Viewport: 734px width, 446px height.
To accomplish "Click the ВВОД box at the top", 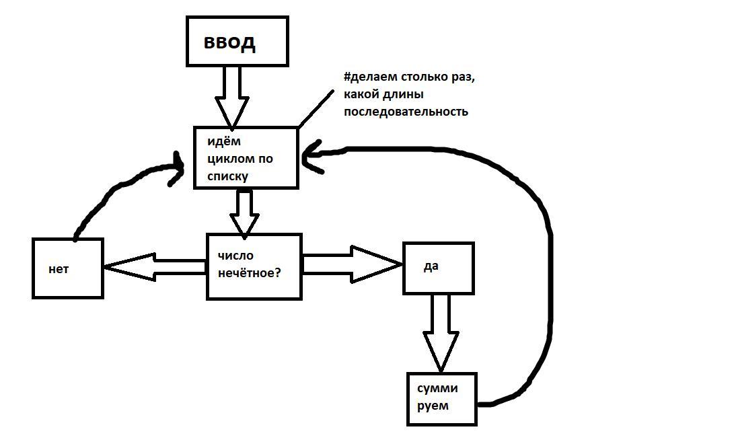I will (x=237, y=42).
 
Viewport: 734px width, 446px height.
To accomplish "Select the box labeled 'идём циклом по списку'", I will (x=246, y=158).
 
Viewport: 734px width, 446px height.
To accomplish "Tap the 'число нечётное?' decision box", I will (x=254, y=266).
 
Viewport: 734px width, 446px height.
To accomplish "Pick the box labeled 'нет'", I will (x=67, y=268).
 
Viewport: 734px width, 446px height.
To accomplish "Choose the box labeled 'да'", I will (x=438, y=268).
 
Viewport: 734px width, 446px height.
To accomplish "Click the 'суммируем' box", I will (x=441, y=398).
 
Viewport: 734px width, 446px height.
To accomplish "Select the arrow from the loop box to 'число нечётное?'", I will (x=244, y=212).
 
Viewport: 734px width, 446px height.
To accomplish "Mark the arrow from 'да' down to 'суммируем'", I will (x=441, y=333).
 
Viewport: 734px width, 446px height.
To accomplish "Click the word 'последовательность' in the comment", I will (x=406, y=112).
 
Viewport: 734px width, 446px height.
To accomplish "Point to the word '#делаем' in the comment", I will (x=368, y=77).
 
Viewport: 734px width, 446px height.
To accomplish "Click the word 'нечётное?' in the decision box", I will (x=249, y=274).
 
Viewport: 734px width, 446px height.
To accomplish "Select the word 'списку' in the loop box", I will (x=227, y=176).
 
